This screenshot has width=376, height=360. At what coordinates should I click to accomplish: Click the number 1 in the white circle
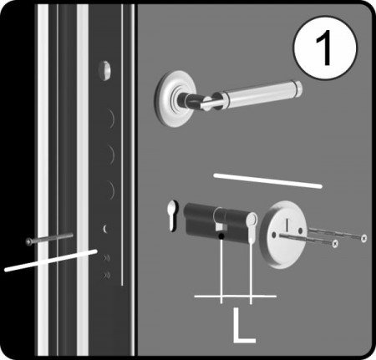tap(324, 48)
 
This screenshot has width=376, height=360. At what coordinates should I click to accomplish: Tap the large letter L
tap(243, 325)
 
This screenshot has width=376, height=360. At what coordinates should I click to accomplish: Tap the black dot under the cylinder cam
tap(221, 236)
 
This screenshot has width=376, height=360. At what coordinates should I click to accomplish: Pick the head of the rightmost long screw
tap(363, 238)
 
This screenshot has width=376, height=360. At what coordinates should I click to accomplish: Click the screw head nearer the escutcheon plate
tap(335, 244)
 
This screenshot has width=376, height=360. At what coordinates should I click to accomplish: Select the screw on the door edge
tap(49, 239)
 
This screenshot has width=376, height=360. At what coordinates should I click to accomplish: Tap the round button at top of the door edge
tap(104, 70)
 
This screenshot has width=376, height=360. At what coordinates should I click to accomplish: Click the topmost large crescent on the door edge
tap(112, 119)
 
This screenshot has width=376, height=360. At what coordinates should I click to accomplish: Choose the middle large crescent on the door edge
tap(112, 154)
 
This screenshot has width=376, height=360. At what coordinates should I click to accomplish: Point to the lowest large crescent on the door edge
tap(112, 190)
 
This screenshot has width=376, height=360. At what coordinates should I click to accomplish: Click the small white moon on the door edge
tap(104, 229)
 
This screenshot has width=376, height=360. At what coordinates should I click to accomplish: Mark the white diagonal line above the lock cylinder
tap(267, 181)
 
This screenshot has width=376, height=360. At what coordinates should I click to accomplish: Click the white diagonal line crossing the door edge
tap(51, 261)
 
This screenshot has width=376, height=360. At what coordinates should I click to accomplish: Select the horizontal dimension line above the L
tap(236, 297)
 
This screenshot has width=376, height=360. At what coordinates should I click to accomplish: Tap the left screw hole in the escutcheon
tap(274, 236)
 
